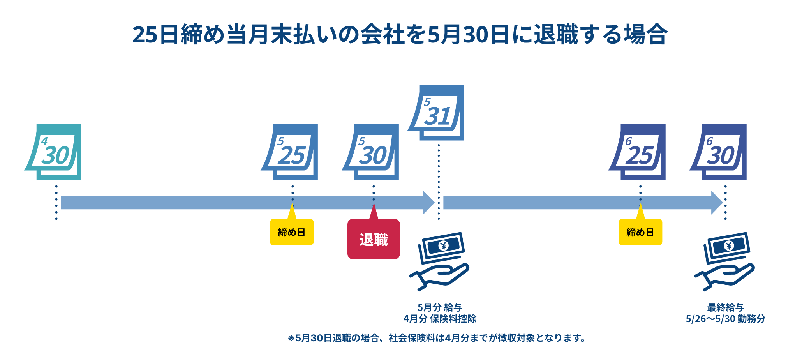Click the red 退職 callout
(374, 239)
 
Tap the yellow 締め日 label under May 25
(292, 232)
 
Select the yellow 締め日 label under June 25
(640, 232)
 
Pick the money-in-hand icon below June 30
(725, 261)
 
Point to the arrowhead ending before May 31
(428, 203)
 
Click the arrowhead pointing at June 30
(717, 203)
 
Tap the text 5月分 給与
(440, 307)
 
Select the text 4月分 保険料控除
(440, 319)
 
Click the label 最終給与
(725, 307)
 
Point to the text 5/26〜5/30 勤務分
(725, 319)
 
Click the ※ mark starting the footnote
(291, 338)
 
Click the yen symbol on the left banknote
(443, 245)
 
